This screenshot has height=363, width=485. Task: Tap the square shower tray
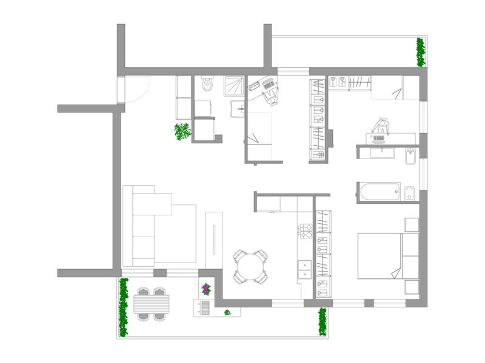233,86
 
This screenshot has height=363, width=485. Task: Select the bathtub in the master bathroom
378,192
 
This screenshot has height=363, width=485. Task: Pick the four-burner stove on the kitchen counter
304,230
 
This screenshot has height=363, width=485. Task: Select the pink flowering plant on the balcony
206,289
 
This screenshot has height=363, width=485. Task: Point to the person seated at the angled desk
267,90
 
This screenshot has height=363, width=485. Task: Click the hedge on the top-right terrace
420,52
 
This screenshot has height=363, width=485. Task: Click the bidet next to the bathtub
409,194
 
